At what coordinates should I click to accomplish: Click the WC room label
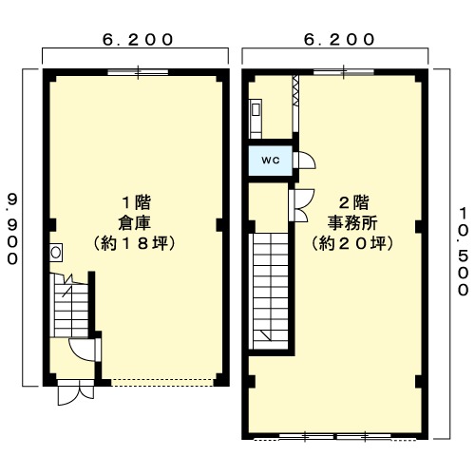[x=271, y=161]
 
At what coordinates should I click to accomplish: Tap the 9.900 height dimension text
[x=12, y=230]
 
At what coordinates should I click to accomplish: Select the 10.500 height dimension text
[x=464, y=251]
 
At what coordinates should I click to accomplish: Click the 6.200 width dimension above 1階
[x=138, y=40]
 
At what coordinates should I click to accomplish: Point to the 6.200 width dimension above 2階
[x=339, y=40]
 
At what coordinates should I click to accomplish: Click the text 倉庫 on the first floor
[x=134, y=222]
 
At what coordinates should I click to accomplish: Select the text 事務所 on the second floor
[x=352, y=222]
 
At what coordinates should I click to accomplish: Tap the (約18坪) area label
[x=135, y=243]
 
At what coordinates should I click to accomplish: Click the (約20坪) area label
[x=352, y=243]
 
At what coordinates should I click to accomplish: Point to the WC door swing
[x=305, y=161]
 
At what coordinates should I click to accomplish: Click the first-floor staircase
[x=71, y=305]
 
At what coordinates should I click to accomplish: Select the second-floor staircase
[x=270, y=292]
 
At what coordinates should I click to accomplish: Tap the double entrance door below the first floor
[x=76, y=392]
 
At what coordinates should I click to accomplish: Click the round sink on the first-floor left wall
[x=56, y=253]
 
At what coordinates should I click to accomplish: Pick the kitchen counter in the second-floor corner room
[x=256, y=119]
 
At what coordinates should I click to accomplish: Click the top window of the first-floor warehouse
[x=138, y=72]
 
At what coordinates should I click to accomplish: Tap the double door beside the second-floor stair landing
[x=301, y=205]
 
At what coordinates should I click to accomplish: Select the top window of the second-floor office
[x=344, y=72]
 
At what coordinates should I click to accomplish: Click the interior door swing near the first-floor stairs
[x=83, y=350]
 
